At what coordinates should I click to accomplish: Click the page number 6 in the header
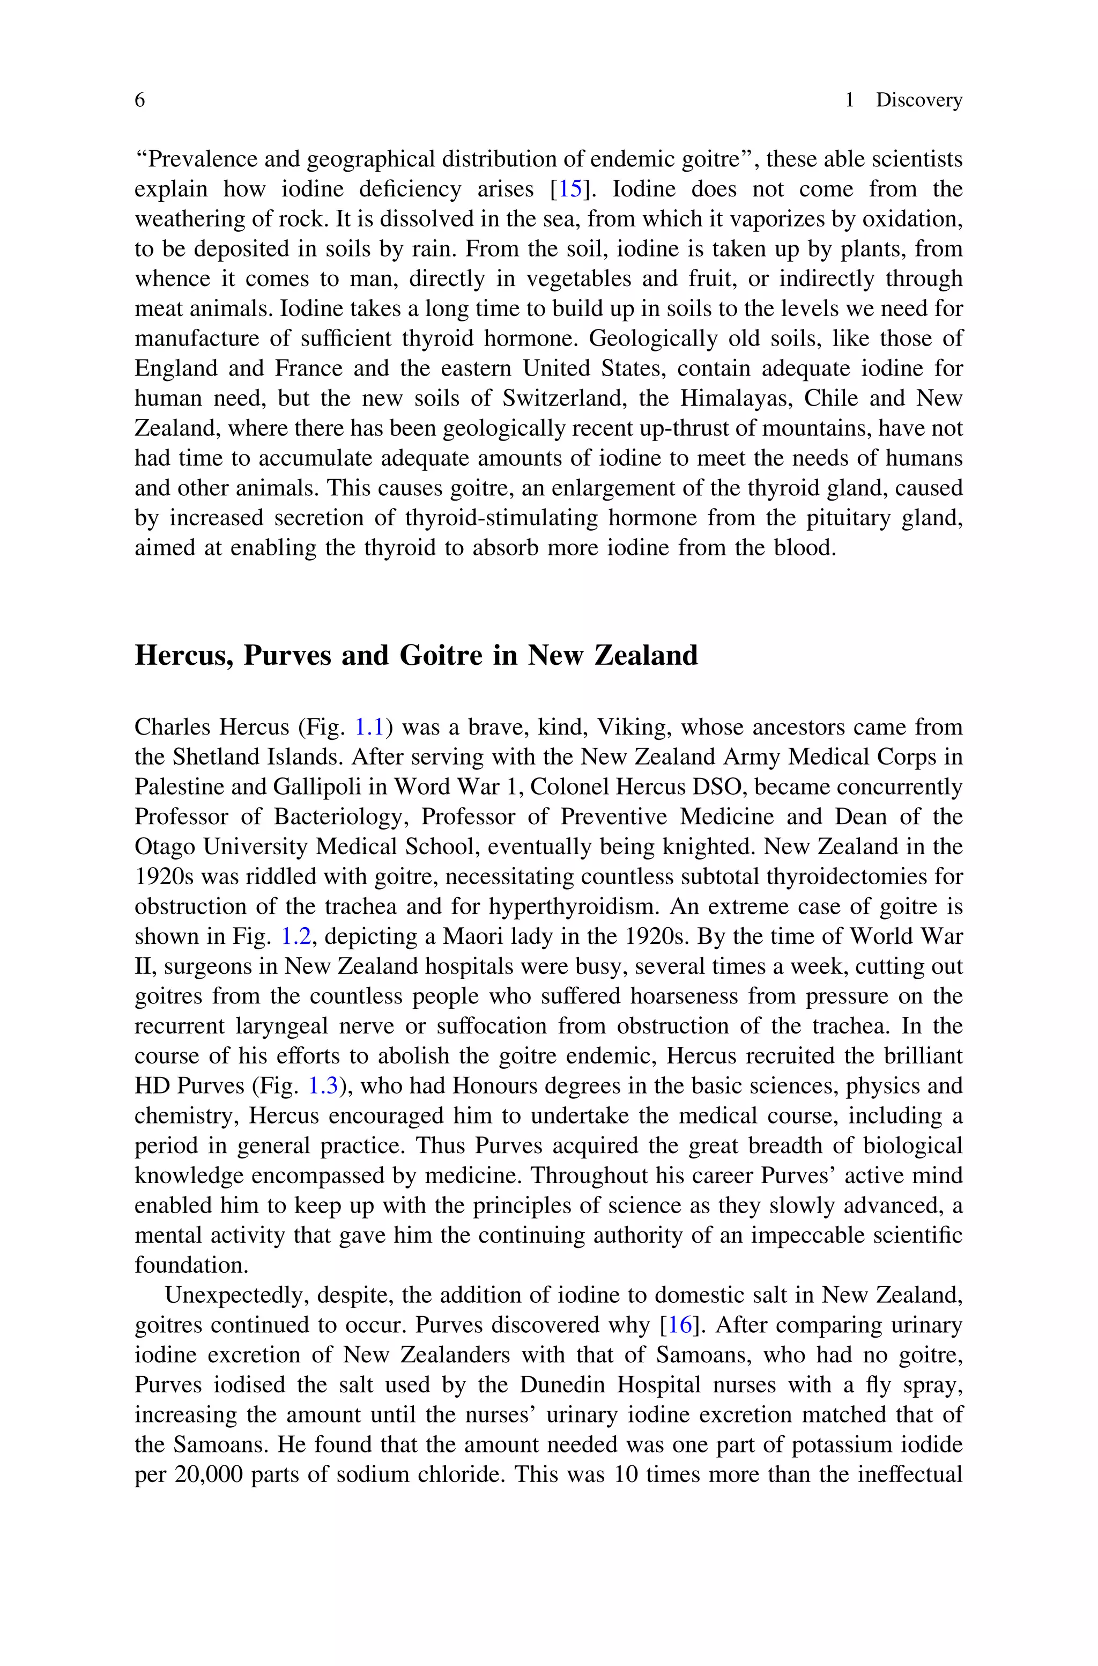139,100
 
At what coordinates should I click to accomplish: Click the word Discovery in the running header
919,100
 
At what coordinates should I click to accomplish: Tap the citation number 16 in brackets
679,1325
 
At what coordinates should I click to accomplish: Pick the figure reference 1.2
295,937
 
